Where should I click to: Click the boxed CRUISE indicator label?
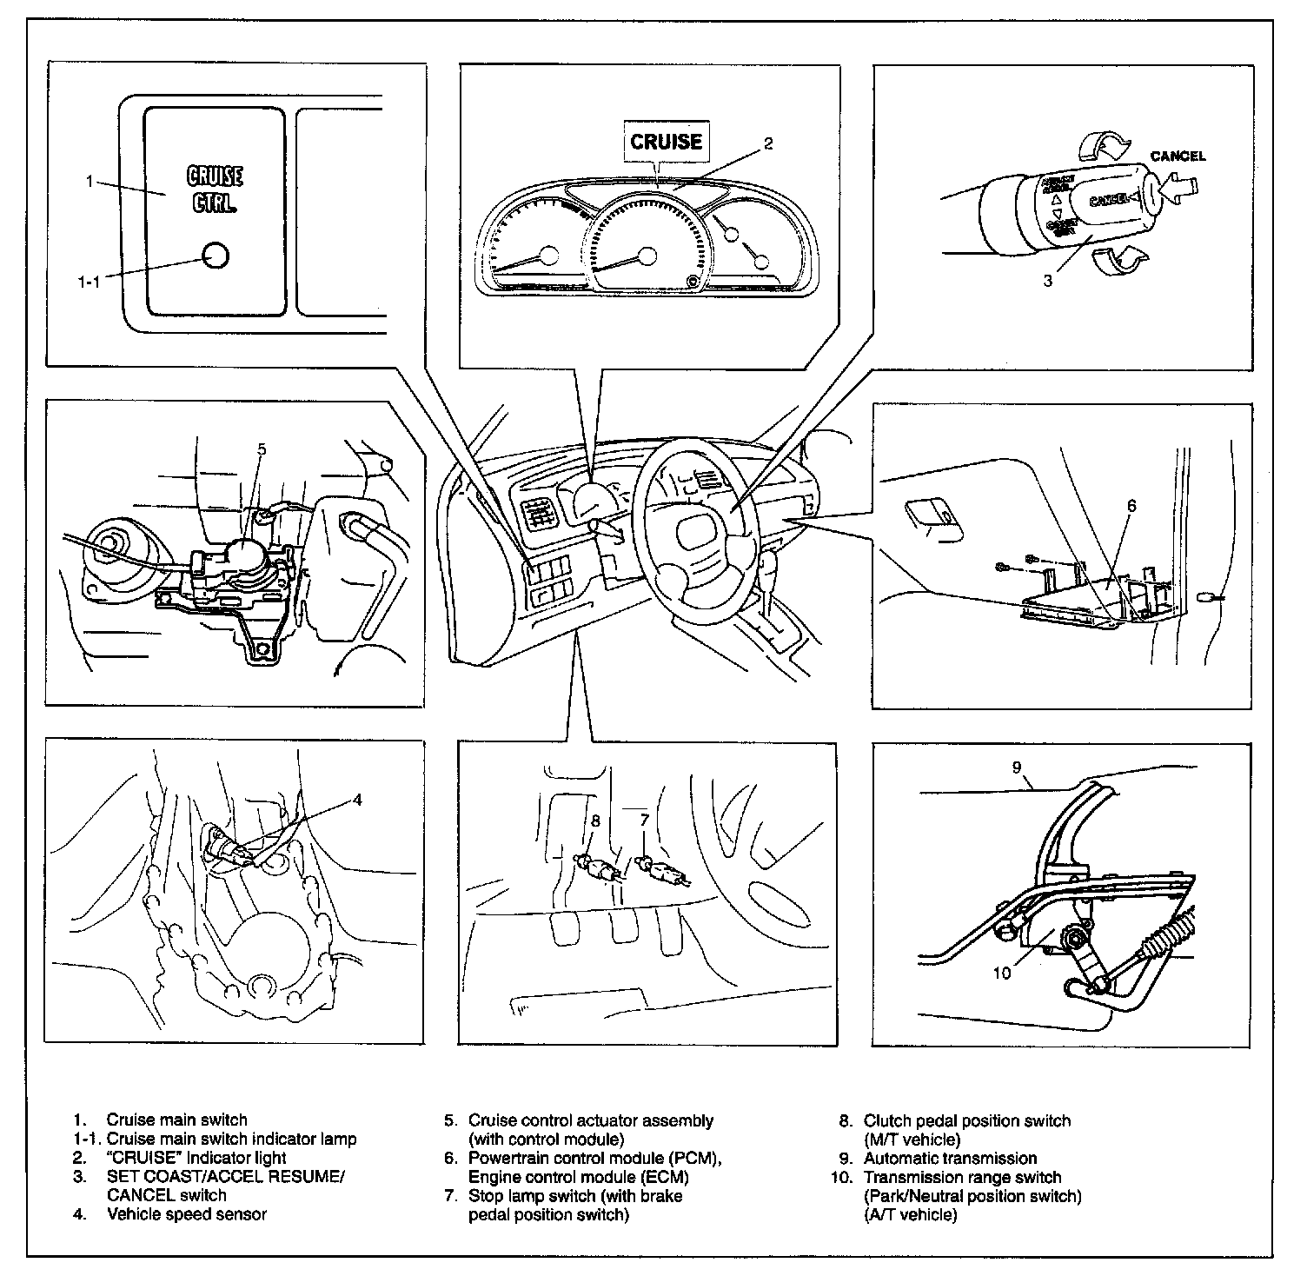666,141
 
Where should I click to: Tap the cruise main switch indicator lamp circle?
214,255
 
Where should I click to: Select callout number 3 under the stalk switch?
1048,281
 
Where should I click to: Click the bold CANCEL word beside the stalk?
1178,156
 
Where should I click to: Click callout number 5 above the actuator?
262,449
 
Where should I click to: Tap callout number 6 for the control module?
1131,505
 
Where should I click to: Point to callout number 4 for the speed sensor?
357,800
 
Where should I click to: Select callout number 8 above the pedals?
595,820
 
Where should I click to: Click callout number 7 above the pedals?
644,820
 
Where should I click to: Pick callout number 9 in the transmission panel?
1017,768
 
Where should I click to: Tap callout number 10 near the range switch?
1002,973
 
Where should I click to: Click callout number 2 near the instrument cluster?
768,144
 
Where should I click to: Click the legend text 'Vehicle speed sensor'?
186,1214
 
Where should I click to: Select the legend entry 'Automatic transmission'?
949,1159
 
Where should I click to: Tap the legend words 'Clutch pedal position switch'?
966,1121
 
